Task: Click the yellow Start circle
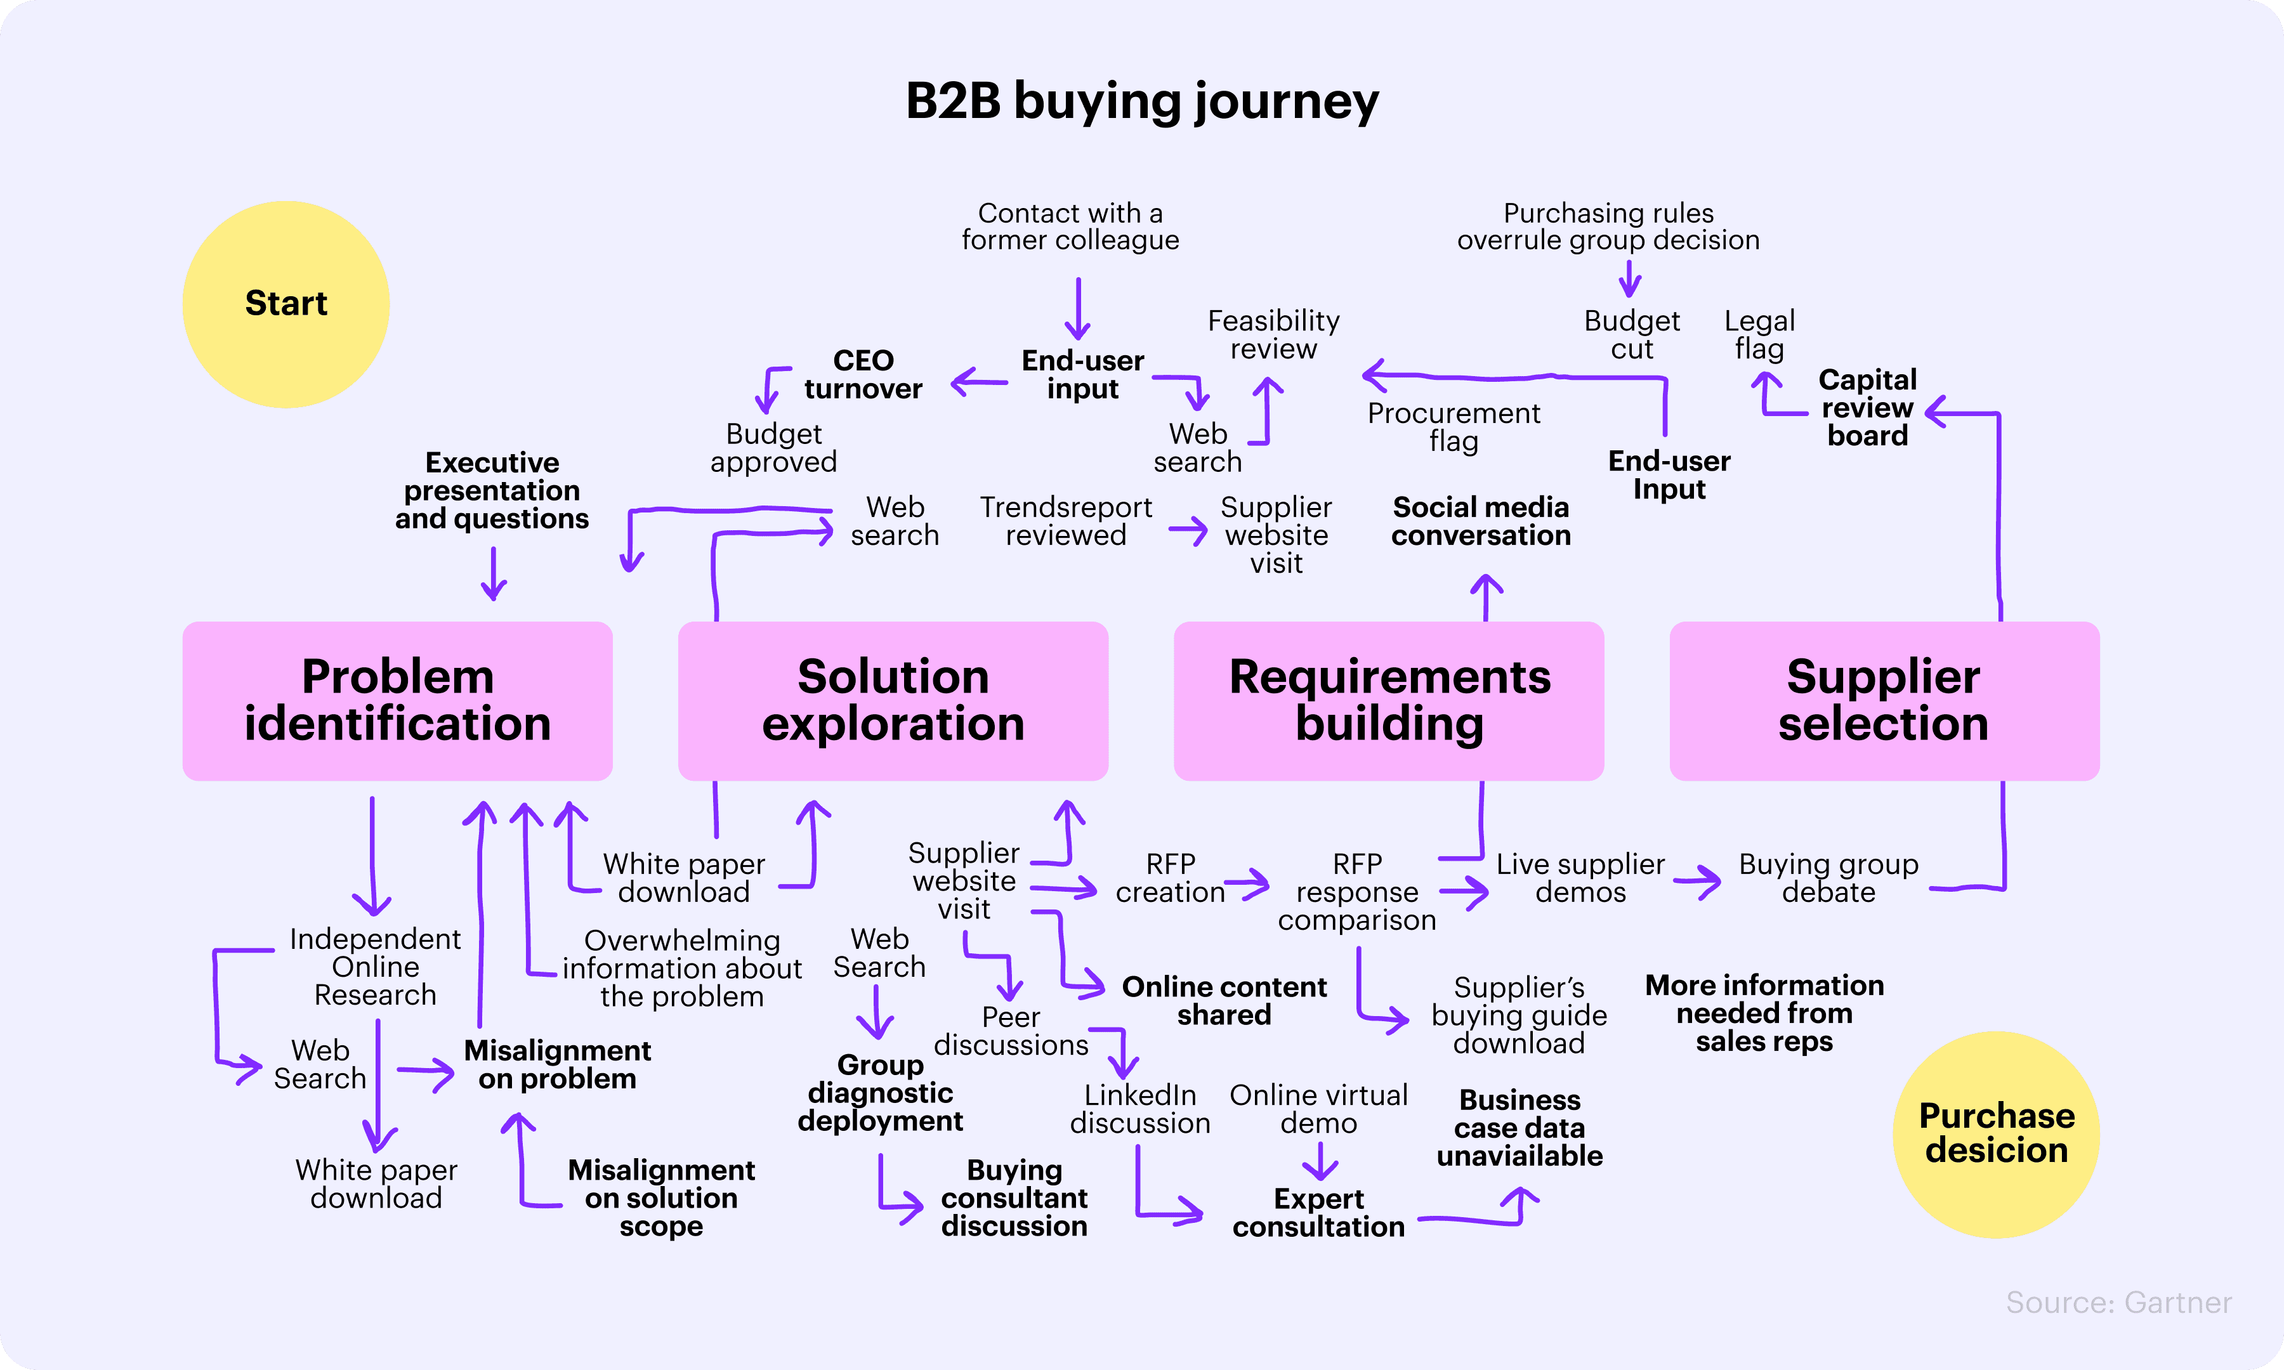click(x=286, y=304)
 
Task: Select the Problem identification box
click(x=397, y=701)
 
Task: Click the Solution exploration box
click(x=893, y=701)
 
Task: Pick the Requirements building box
click(x=1389, y=701)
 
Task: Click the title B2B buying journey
click(x=1142, y=101)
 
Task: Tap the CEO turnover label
click(x=863, y=374)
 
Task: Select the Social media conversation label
click(x=1481, y=521)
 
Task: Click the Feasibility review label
click(x=1273, y=334)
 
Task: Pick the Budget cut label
click(x=1631, y=334)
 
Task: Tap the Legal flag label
click(x=1759, y=334)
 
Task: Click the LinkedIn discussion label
click(x=1140, y=1109)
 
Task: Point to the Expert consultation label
click(x=1318, y=1212)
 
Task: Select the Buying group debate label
click(x=1828, y=878)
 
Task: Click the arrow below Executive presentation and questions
click(x=494, y=573)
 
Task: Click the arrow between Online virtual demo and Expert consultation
click(x=1320, y=1161)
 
